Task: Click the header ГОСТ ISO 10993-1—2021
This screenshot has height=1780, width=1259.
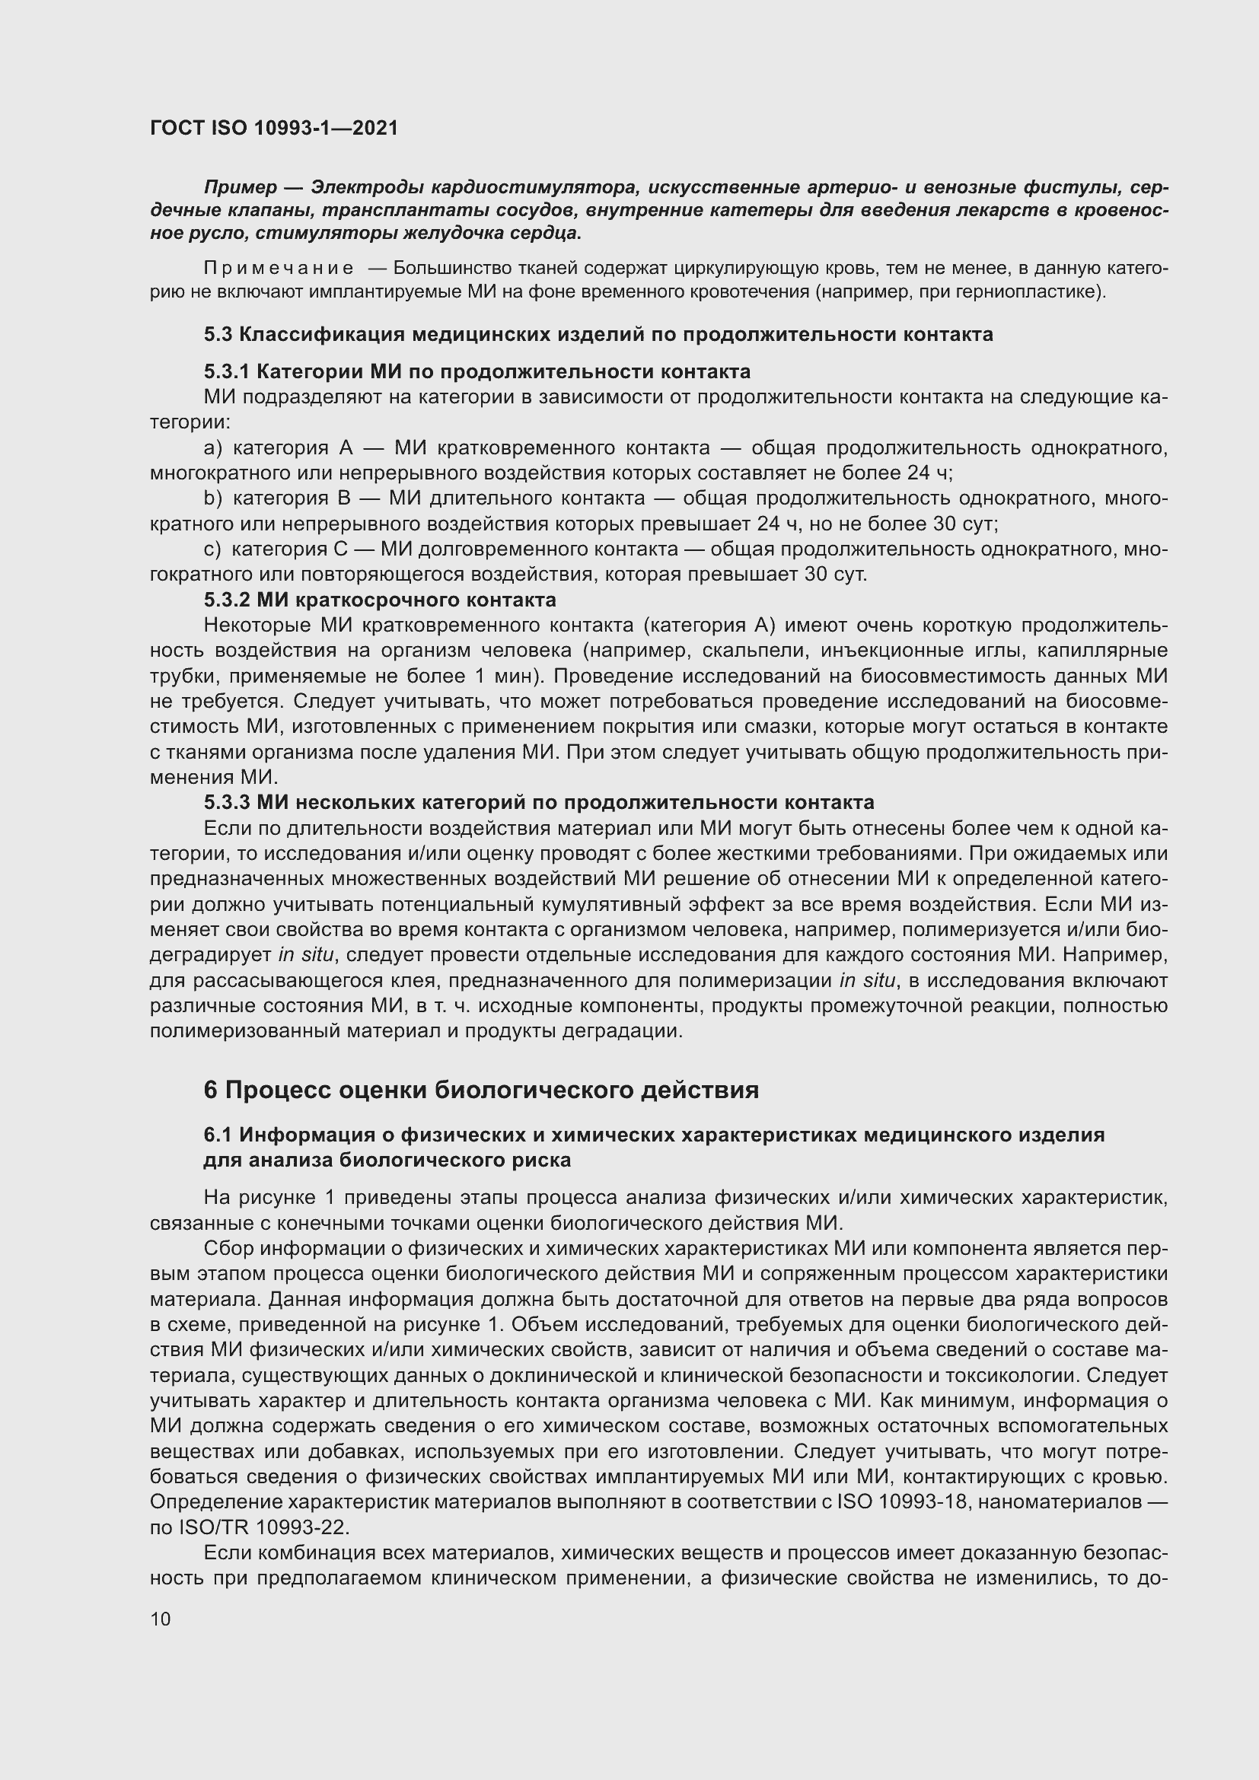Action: coord(274,128)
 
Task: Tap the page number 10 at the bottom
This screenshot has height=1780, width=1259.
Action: coord(161,1619)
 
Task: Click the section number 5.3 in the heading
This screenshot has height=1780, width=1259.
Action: coord(218,335)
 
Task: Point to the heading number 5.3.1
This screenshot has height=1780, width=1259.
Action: coord(227,372)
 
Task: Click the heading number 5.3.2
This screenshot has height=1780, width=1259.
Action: coord(227,600)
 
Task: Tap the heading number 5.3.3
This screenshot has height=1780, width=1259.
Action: coord(227,802)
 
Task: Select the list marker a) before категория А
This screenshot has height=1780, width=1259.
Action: coord(212,448)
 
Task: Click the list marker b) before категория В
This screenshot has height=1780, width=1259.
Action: coord(212,498)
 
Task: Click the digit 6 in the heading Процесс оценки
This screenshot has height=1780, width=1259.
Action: coord(211,1091)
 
